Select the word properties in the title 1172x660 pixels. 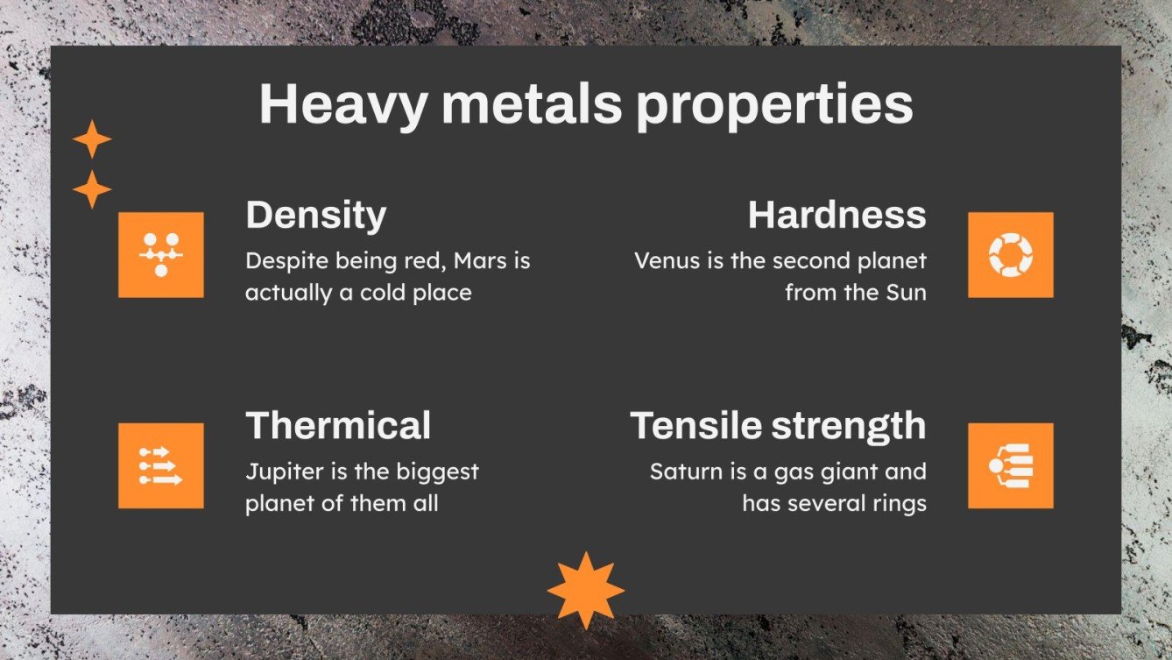coord(774,106)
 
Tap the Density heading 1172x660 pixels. coord(315,215)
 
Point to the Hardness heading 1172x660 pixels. coord(837,215)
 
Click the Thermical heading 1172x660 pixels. coord(338,425)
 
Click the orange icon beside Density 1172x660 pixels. coord(161,254)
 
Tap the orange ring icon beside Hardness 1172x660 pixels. coord(1010,254)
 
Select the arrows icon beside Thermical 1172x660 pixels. coord(161,465)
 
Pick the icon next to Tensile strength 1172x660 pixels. coord(1010,465)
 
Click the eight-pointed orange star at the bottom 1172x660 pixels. coord(585,590)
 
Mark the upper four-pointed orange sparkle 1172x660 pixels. coord(92,139)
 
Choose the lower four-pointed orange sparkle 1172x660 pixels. coord(92,189)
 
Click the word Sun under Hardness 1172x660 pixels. coord(906,292)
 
